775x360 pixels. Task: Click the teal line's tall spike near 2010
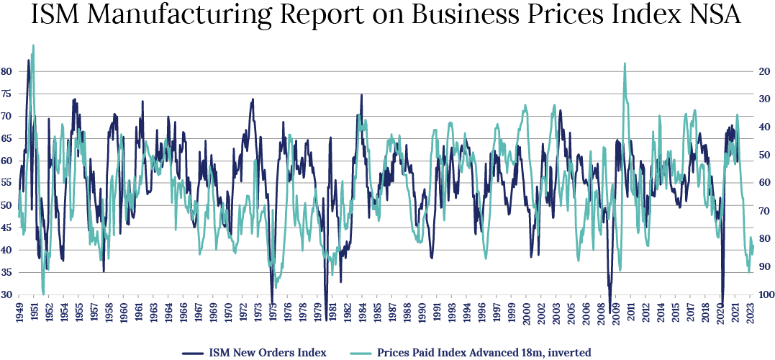[x=624, y=64]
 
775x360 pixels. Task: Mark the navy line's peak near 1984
[x=361, y=95]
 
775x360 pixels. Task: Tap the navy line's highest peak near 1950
[x=29, y=60]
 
